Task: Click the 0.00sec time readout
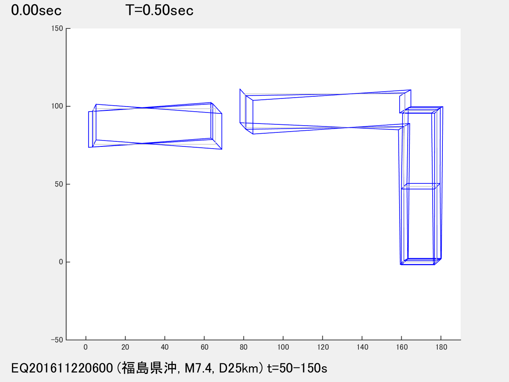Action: pyautogui.click(x=36, y=11)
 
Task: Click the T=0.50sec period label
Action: pyautogui.click(x=159, y=11)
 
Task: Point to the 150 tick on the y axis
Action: pyautogui.click(x=57, y=28)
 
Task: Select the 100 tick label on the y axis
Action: pyautogui.click(x=57, y=106)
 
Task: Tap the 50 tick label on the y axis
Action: pyautogui.click(x=59, y=184)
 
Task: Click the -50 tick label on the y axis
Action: pyautogui.click(x=57, y=340)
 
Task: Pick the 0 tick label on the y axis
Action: pyautogui.click(x=61, y=262)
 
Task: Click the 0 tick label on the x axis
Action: pyautogui.click(x=86, y=347)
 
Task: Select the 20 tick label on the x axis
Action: pyautogui.click(x=125, y=347)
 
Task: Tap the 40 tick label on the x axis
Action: pyautogui.click(x=165, y=347)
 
